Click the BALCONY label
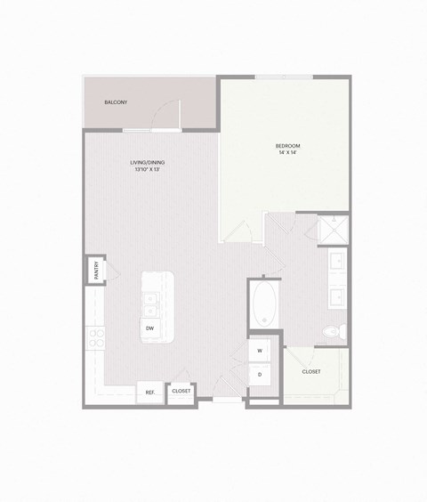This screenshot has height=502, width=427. pyautogui.click(x=116, y=102)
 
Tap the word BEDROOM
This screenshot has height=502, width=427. pyautogui.click(x=287, y=145)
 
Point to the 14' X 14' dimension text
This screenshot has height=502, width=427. pyautogui.click(x=287, y=153)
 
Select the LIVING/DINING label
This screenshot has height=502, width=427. pyautogui.click(x=148, y=162)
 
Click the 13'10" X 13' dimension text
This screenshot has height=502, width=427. pyautogui.click(x=148, y=170)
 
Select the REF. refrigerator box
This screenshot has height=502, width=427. pyautogui.click(x=149, y=391)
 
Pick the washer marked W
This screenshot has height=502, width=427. pyautogui.click(x=260, y=351)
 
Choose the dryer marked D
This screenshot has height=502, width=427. pyautogui.click(x=260, y=375)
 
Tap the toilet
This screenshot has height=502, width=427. pyautogui.click(x=331, y=331)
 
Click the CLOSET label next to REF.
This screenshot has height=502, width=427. pyautogui.click(x=181, y=391)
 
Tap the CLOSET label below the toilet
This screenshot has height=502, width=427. pyautogui.click(x=311, y=371)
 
